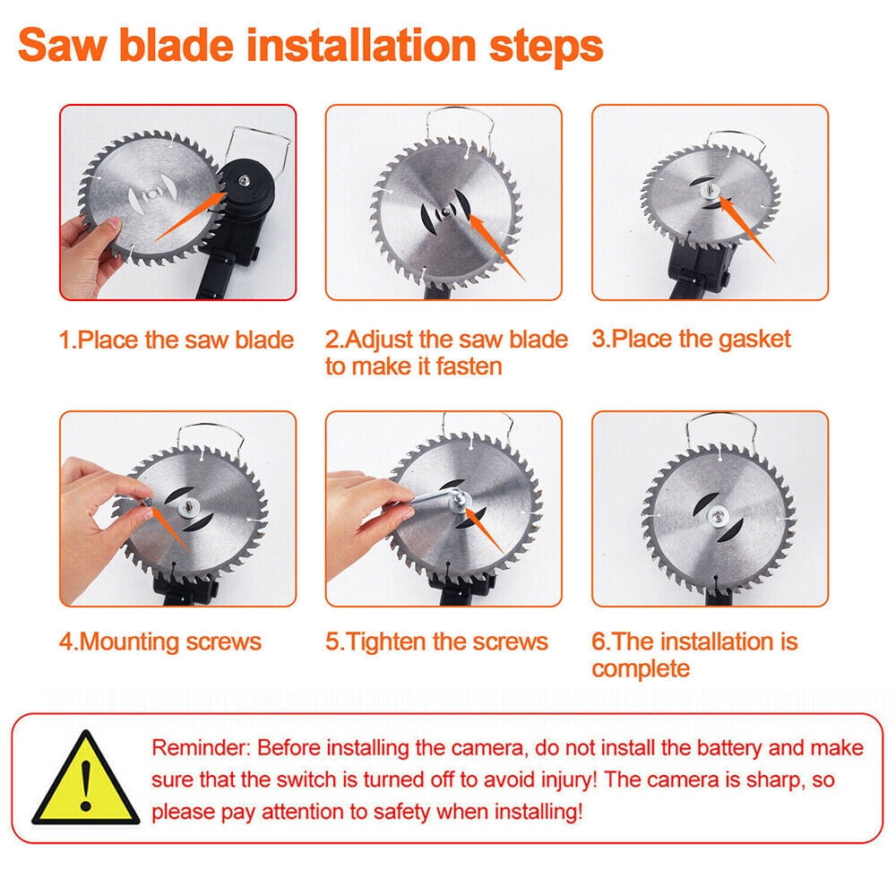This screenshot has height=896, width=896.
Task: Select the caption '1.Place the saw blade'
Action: point(177,340)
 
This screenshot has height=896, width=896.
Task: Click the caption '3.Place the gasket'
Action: point(691,339)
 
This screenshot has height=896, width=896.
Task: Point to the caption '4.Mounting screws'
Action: point(160,642)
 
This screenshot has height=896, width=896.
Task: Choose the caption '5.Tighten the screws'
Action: point(436,642)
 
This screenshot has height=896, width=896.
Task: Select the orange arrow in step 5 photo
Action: point(484,530)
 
